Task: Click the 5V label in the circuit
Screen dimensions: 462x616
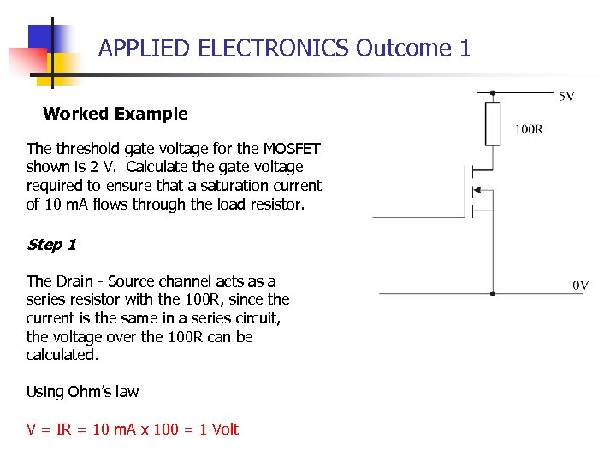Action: click(x=566, y=96)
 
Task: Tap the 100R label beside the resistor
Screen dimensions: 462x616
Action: click(x=528, y=130)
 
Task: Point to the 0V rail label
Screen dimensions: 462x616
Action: click(x=580, y=285)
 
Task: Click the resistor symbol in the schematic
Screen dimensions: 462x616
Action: click(x=492, y=123)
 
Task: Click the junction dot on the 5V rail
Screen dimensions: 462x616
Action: click(x=492, y=92)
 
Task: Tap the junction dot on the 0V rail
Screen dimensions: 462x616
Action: click(x=492, y=293)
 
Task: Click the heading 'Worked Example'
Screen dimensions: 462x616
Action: click(x=115, y=114)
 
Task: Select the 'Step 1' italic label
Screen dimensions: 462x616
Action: click(x=51, y=245)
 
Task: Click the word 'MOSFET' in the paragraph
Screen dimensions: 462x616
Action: click(x=292, y=148)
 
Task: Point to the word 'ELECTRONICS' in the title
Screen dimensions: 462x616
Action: click(x=273, y=48)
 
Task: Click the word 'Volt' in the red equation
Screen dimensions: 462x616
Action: click(x=224, y=429)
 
